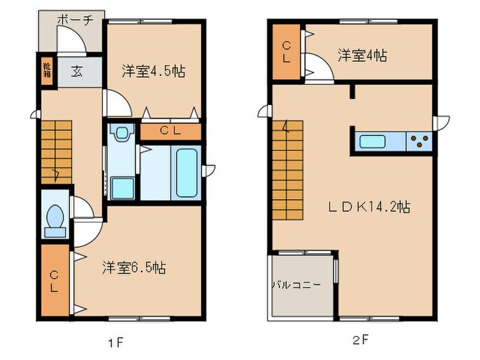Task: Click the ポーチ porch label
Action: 75,20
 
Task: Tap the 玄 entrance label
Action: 77,72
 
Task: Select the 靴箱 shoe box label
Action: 47,70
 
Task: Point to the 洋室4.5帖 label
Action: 154,71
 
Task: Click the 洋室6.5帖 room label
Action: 134,267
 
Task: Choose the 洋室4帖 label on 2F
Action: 362,56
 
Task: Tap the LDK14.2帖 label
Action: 369,207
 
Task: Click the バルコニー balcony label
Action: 297,285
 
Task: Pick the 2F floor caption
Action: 361,340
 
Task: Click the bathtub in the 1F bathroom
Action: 187,173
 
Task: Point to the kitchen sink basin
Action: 372,141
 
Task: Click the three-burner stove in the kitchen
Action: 419,141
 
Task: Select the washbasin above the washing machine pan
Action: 122,133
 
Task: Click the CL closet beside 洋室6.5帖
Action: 55,280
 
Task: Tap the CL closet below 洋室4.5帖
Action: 171,132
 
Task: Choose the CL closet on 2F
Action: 286,52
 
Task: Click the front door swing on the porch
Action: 71,39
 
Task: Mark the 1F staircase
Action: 56,152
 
